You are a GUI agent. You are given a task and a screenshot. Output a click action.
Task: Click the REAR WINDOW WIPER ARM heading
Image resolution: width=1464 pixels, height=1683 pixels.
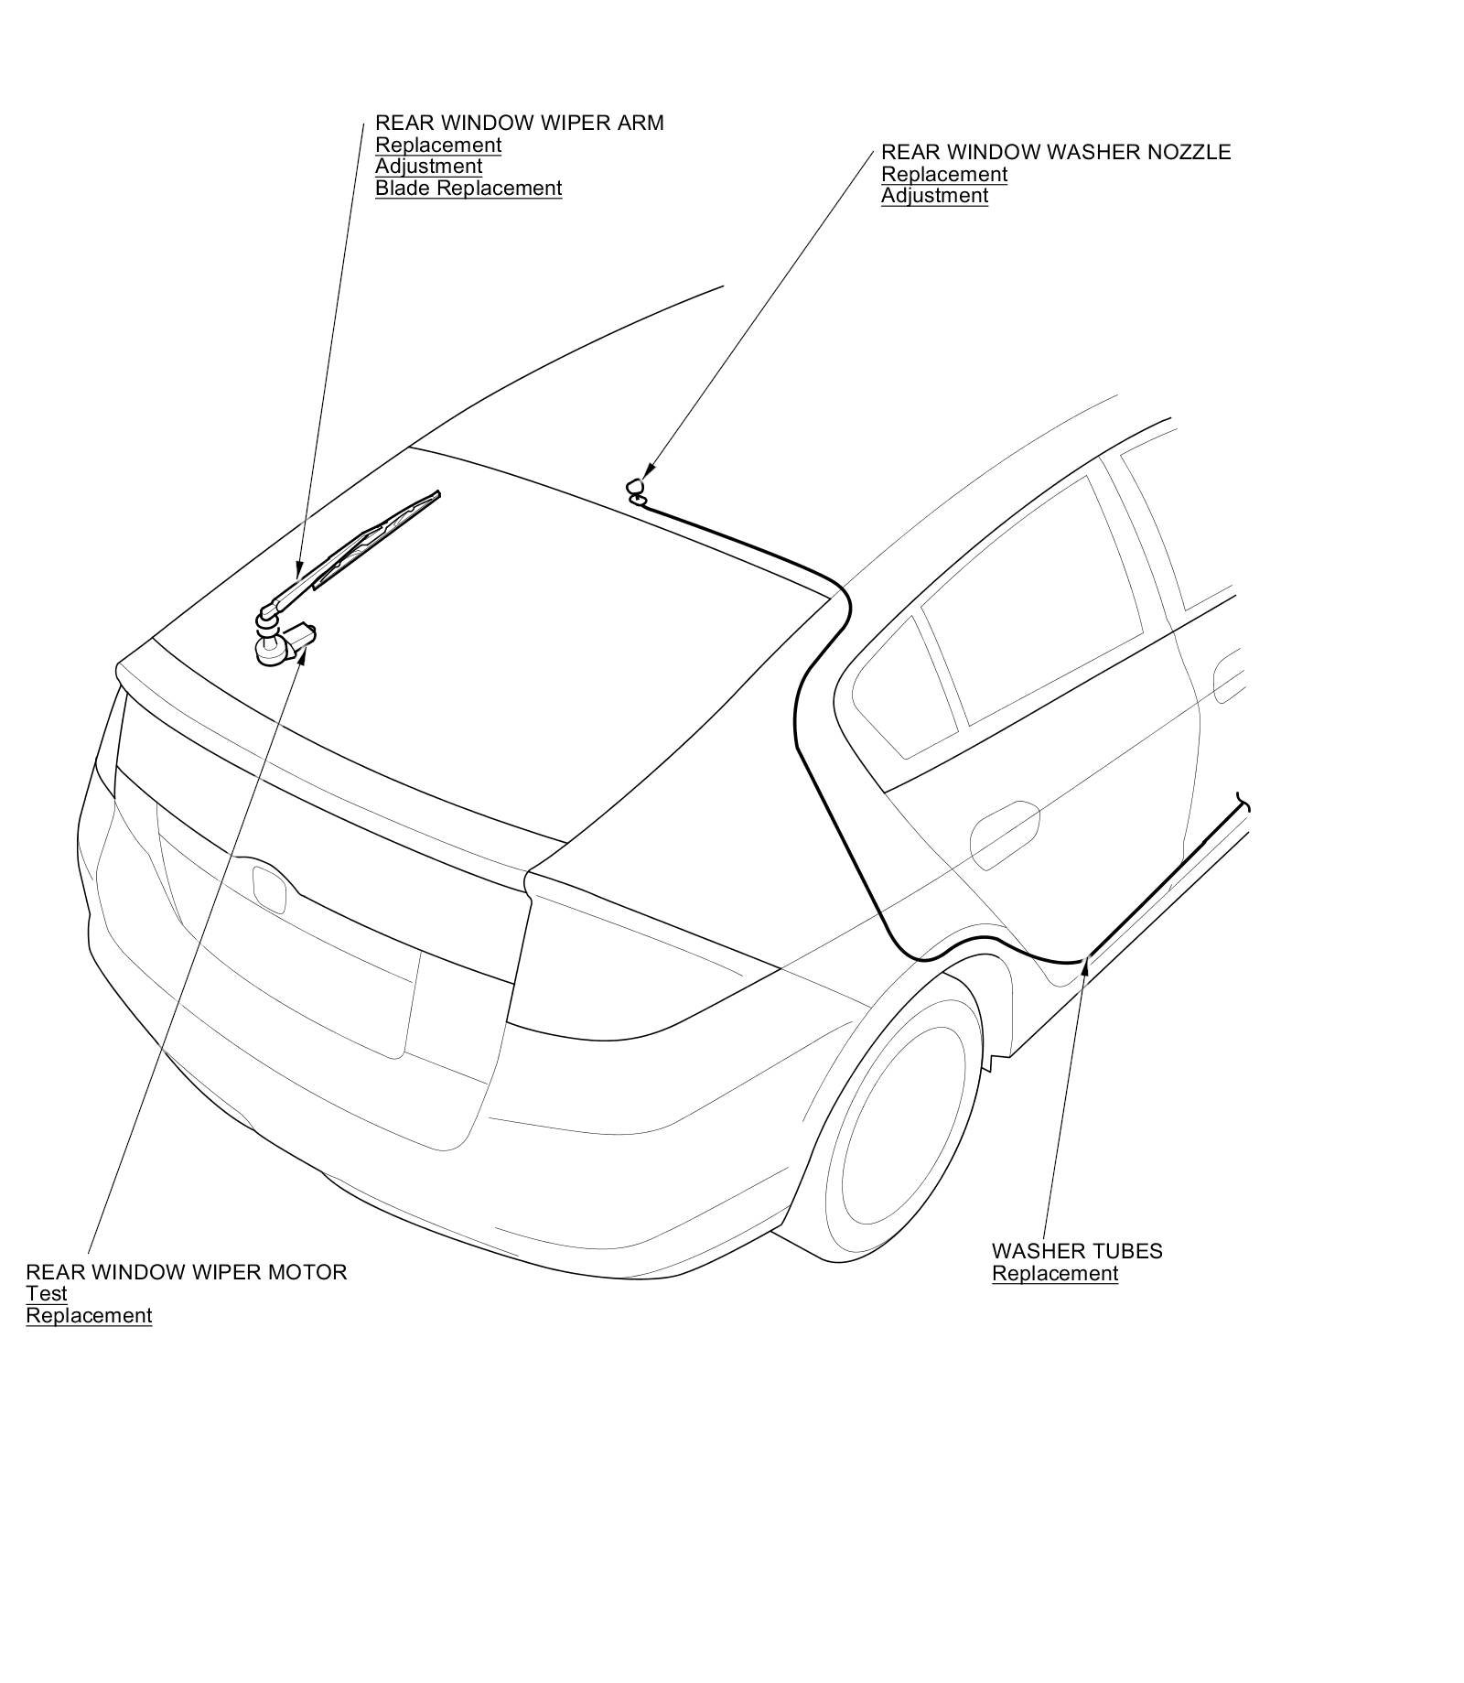click(519, 123)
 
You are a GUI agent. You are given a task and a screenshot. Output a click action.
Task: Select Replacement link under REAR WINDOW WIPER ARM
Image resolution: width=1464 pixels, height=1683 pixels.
click(438, 145)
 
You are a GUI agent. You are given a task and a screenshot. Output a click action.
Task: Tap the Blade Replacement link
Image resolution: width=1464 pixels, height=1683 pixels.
click(468, 189)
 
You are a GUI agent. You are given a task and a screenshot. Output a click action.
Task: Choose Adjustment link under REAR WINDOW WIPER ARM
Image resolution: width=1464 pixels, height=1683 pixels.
click(428, 167)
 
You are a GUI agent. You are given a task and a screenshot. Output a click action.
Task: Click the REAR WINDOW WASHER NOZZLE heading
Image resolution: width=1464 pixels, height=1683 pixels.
click(1055, 152)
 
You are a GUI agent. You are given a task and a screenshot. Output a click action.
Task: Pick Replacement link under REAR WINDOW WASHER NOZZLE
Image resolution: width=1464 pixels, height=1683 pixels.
click(943, 174)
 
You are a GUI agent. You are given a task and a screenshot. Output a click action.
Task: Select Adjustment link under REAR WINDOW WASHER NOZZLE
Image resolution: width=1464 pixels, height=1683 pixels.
click(934, 196)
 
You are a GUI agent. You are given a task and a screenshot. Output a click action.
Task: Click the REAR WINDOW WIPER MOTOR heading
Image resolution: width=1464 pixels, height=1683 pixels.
click(187, 1272)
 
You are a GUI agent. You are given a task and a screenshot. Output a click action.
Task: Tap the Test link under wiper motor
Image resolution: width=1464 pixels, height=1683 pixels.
click(47, 1294)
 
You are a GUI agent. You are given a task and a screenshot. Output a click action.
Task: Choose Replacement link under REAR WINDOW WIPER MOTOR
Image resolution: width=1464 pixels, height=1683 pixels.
click(89, 1316)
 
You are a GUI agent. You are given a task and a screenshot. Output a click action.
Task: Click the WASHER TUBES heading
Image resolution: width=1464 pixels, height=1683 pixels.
click(1077, 1251)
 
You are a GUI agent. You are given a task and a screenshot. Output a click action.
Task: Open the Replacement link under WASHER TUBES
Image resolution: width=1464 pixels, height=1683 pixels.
click(1055, 1274)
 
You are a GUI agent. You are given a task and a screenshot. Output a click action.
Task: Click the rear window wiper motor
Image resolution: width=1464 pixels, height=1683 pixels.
click(282, 644)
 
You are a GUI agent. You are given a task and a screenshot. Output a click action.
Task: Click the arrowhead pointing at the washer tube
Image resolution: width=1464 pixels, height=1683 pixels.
click(1086, 962)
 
